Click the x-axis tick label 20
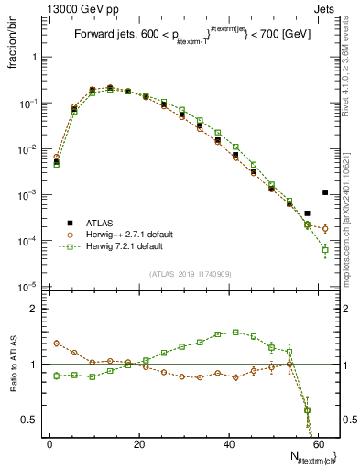[x=139, y=443]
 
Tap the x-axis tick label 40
[x=229, y=443]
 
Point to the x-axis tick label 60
[x=318, y=443]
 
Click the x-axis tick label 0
[x=49, y=443]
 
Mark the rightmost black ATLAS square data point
[x=325, y=192]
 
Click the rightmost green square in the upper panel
[x=325, y=249]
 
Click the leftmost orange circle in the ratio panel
[x=57, y=344]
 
